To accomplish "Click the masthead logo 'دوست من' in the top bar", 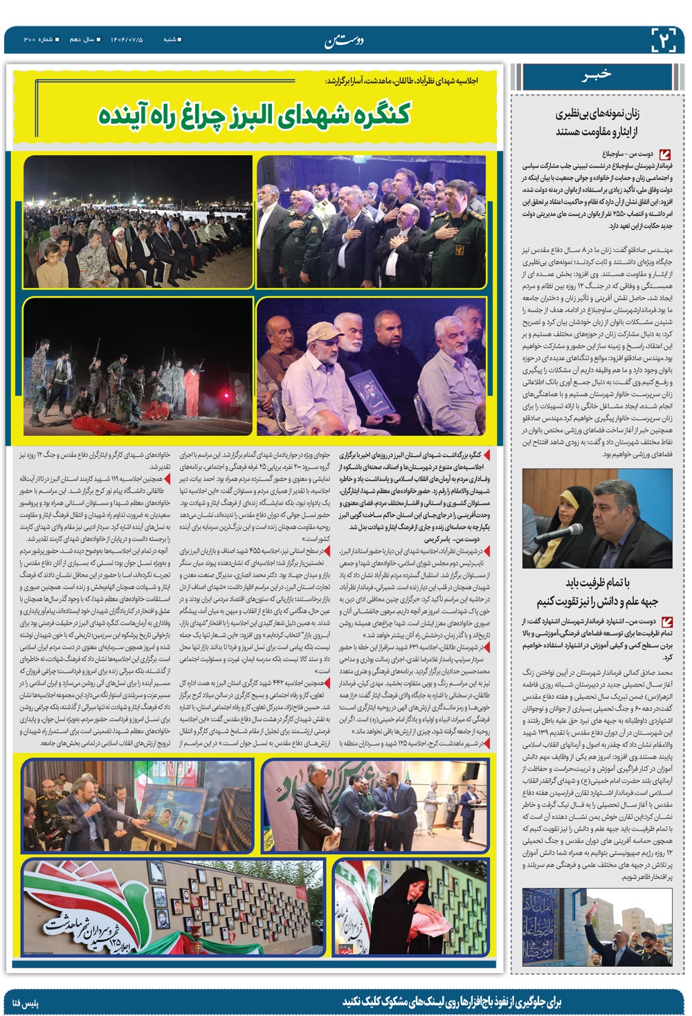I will pyautogui.click(x=343, y=41).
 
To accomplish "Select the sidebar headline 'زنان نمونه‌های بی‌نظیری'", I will pyautogui.click(x=590, y=115).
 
